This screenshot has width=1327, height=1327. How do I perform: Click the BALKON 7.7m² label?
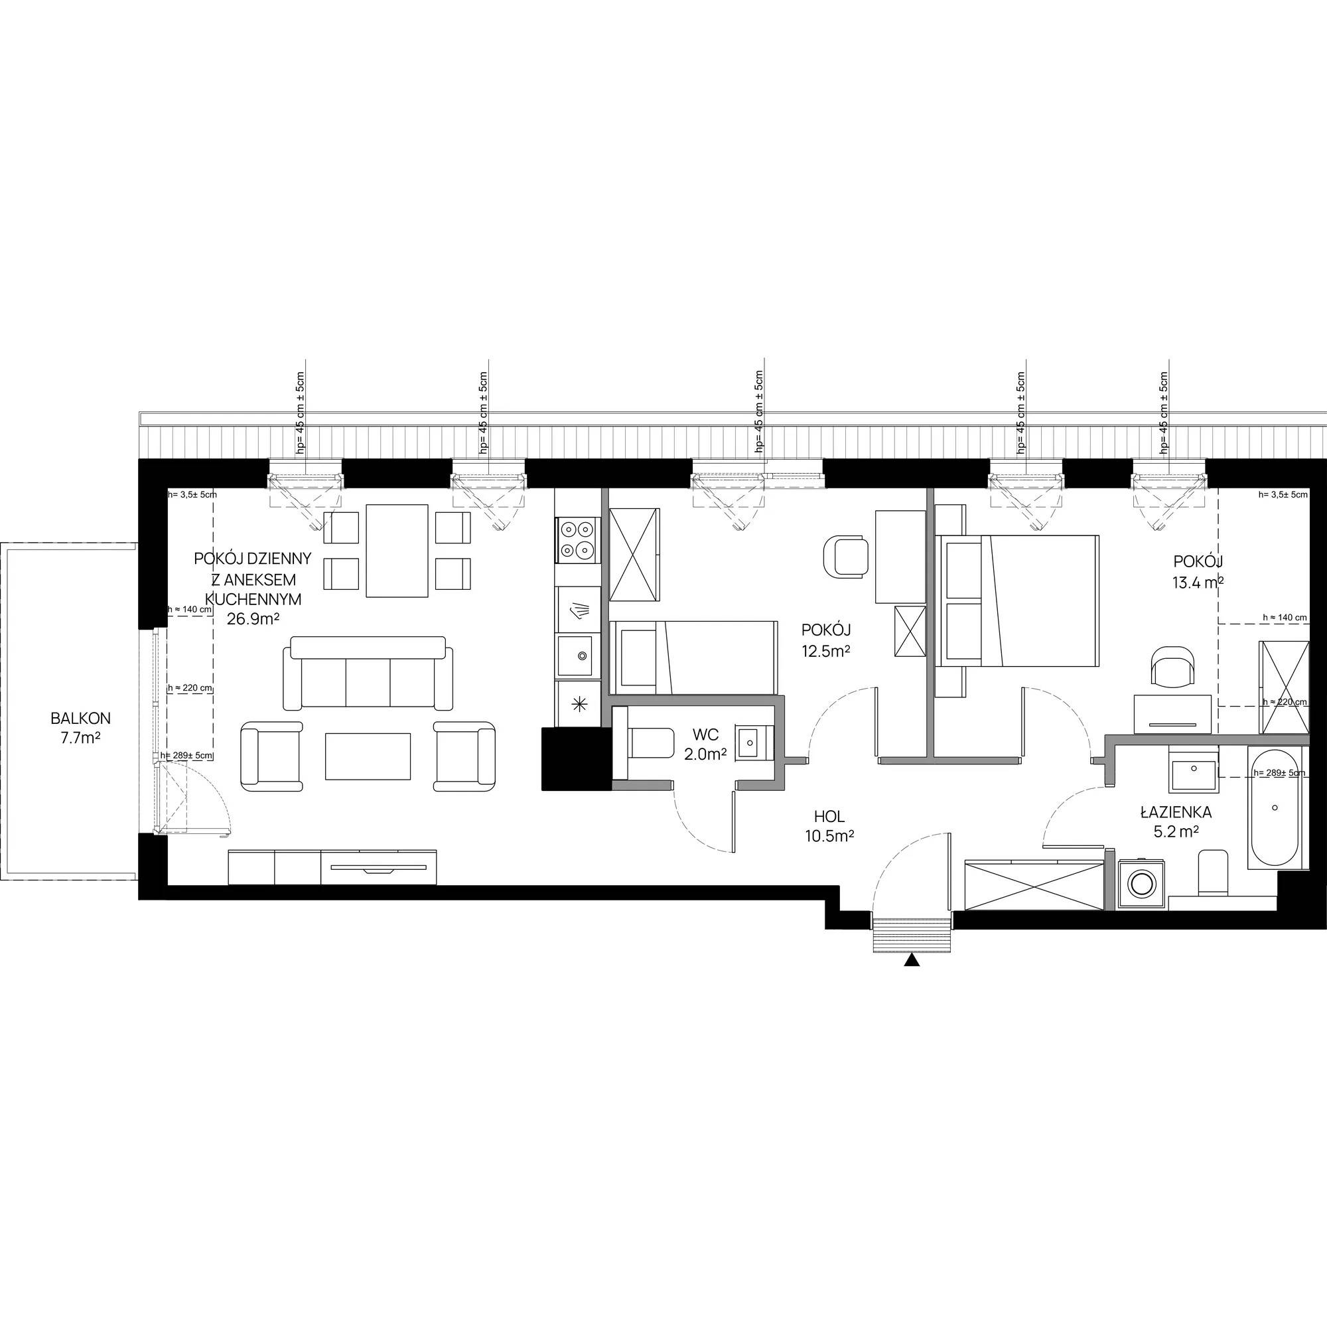[80, 728]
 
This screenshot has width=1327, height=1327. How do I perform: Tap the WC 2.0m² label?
[705, 745]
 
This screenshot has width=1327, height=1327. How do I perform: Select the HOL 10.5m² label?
[829, 826]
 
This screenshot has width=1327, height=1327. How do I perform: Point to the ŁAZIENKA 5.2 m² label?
[1176, 821]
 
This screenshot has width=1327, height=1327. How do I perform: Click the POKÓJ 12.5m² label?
[826, 640]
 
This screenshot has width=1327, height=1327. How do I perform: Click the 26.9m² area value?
[253, 618]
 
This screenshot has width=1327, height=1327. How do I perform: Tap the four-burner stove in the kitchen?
[577, 540]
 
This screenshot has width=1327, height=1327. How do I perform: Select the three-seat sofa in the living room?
[368, 672]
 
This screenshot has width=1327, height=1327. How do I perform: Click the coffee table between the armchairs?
[368, 756]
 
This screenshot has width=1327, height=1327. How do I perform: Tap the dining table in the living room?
[397, 551]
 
